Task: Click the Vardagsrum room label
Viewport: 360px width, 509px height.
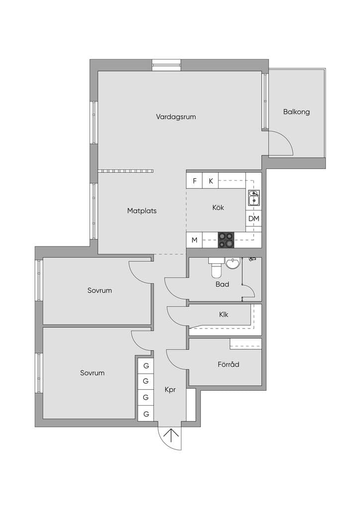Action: pos(176,117)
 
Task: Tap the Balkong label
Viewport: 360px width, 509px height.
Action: pos(296,112)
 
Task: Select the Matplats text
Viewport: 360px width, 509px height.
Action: pos(142,211)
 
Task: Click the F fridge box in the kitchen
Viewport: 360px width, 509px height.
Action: pos(194,181)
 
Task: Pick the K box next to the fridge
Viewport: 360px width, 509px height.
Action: pos(211,181)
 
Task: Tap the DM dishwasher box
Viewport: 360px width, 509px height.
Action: pos(254,219)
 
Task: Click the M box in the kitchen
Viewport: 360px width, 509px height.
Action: pos(194,240)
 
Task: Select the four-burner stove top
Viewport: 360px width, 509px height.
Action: pos(226,240)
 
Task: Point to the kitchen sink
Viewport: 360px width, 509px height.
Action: pos(254,198)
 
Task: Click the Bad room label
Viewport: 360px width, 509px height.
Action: pos(222,284)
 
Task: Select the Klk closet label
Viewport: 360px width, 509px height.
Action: pos(224,314)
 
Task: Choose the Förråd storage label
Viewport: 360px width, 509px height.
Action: pos(229,364)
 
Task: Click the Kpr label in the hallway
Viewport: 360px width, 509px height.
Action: pos(170,390)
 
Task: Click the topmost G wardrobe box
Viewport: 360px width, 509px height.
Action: pos(146,366)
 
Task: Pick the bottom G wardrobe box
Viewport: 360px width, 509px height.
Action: pos(146,414)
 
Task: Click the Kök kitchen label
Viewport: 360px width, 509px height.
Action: pos(218,207)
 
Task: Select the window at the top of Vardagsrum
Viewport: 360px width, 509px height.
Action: pos(167,65)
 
